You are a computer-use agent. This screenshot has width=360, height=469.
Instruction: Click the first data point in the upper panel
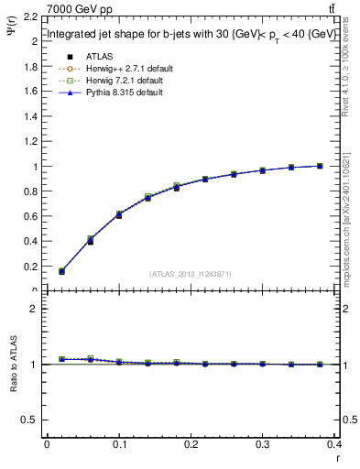[61, 271]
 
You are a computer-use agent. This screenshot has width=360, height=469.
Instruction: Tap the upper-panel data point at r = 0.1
[119, 214]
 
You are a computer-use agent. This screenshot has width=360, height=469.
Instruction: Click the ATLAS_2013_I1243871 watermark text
[190, 274]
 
